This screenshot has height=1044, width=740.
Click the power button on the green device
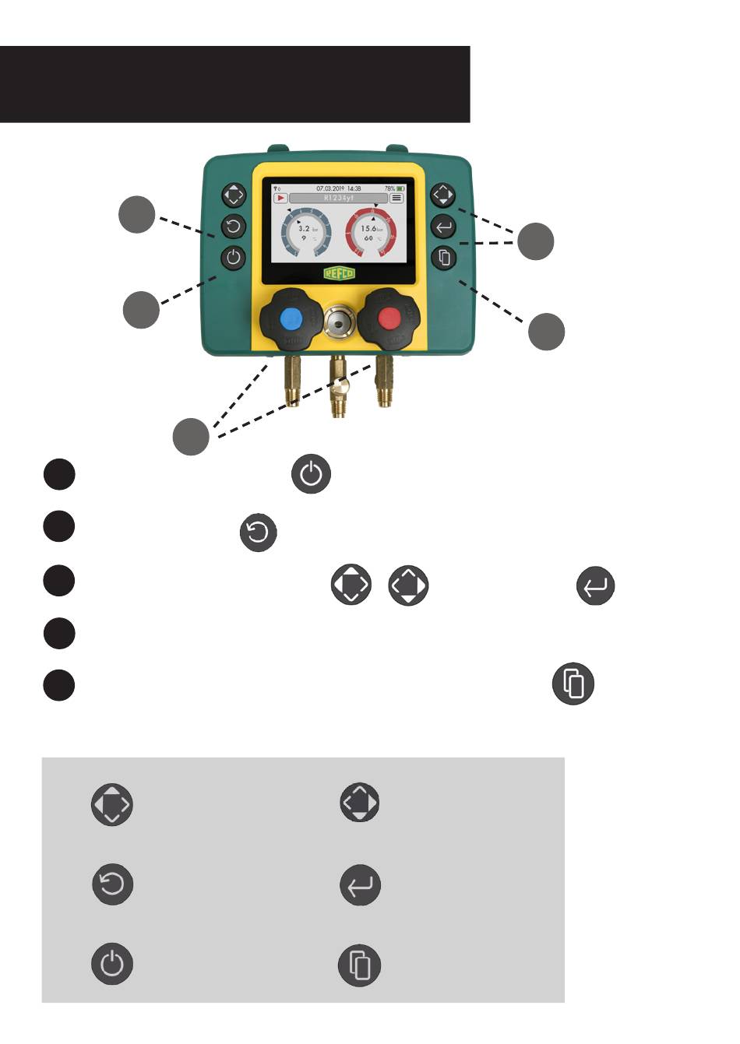pos(234,258)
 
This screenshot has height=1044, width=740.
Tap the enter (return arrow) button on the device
pos(443,227)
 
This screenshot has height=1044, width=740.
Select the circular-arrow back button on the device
pos(234,227)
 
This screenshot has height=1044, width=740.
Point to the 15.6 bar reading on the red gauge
pos(368,229)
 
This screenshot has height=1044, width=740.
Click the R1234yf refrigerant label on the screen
pos(339,199)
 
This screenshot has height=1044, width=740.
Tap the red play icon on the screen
pos(280,199)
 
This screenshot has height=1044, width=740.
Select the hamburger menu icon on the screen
pos(397,199)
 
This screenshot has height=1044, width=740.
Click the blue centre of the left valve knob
pos(291,318)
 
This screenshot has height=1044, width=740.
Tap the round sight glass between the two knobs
pos(339,319)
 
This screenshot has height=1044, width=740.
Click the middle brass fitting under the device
pos(339,385)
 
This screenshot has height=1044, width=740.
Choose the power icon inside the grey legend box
pos(113,964)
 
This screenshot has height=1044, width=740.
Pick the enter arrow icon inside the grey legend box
pos(361,885)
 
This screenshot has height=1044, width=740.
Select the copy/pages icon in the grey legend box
pos(359,965)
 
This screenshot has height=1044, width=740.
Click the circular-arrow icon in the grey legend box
pos(113,884)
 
